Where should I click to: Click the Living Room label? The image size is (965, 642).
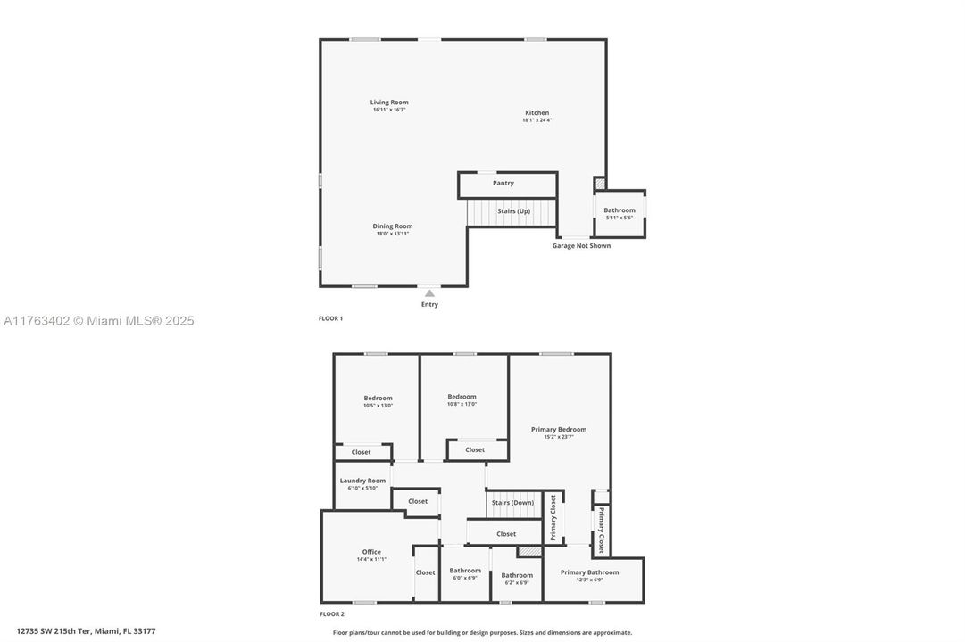389,103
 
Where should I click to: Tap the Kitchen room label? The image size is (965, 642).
537,113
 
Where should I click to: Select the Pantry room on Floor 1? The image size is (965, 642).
503,184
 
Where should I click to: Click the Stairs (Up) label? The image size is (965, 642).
513,211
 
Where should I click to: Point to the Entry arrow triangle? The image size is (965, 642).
429,292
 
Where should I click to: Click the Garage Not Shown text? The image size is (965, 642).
581,246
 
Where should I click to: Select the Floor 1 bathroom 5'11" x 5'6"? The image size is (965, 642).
620,213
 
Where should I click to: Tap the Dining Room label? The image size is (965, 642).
393,226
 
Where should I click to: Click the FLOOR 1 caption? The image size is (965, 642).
330,318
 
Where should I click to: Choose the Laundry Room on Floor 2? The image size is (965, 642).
362,483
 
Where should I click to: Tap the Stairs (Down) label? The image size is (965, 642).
512,503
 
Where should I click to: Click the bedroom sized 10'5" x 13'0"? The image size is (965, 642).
378,401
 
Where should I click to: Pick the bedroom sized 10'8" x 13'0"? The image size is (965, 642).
462,399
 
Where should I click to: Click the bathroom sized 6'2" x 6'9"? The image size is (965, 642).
517,578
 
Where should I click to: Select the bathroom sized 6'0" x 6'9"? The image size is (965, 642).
465,573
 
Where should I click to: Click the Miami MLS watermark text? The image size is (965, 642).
97,321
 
